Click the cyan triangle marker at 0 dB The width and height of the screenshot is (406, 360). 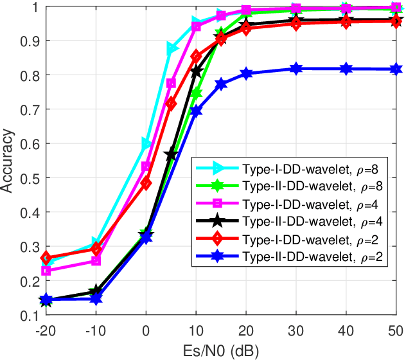[x=146, y=143]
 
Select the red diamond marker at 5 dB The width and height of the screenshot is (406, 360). [x=171, y=103]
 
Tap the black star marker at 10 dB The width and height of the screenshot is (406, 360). [x=196, y=71]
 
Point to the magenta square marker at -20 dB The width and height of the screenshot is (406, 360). [x=46, y=271]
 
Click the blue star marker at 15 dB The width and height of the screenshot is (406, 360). [x=221, y=84]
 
